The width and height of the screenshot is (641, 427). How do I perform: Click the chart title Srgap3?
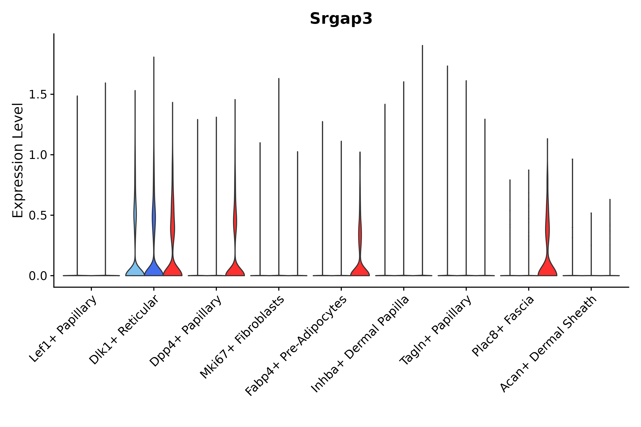pyautogui.click(x=341, y=19)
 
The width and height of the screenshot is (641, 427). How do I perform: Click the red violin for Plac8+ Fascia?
pyautogui.click(x=547, y=268)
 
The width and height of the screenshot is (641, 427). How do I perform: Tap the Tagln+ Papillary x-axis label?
pyautogui.click(x=435, y=330)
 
